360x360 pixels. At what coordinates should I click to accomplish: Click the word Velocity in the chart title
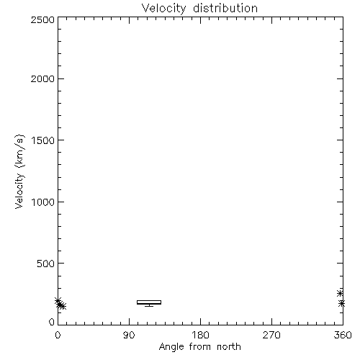164,9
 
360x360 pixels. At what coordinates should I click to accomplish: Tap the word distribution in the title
225,8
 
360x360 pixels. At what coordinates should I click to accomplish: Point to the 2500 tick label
42,19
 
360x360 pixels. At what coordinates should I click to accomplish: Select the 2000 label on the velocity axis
42,78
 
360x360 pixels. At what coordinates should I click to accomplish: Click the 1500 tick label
43,140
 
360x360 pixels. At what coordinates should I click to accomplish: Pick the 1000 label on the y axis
43,202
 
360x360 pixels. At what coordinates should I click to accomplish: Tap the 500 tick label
46,264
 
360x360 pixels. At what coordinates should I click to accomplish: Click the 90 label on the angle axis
129,335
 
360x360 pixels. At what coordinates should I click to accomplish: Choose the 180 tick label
200,335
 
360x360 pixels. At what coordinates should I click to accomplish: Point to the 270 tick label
271,335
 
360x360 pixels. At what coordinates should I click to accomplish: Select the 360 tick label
343,335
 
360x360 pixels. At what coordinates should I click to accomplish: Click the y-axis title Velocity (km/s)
19,171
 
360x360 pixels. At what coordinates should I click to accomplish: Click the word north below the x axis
229,346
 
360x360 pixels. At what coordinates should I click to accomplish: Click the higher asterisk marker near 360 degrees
340,293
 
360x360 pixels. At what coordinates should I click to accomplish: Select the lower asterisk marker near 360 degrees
342,304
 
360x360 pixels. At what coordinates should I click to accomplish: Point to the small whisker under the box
149,305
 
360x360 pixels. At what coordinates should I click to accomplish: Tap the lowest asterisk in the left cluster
63,306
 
